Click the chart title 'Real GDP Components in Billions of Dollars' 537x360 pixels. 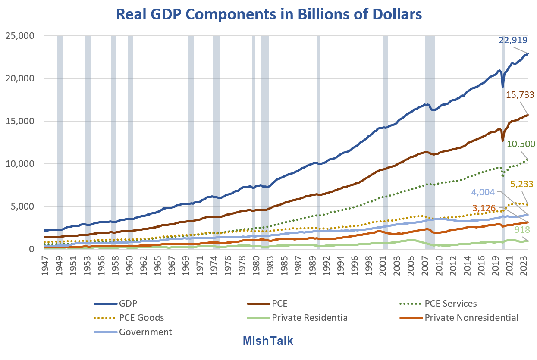(268, 14)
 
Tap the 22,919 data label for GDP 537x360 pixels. (513, 40)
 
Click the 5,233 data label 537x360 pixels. (520, 184)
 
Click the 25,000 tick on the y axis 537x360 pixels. (19, 36)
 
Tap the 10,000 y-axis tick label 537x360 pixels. (19, 164)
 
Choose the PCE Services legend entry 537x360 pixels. (451, 303)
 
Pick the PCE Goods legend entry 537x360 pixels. (142, 318)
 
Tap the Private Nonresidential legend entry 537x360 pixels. (471, 318)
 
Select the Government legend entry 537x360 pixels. (145, 332)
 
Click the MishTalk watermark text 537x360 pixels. (268, 341)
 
